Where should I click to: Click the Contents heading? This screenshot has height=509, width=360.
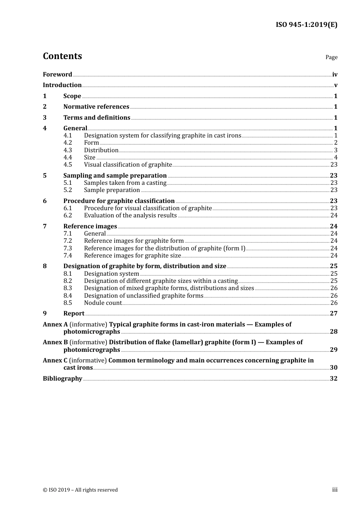[62, 56]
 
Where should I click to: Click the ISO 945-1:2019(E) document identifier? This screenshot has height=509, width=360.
[306, 25]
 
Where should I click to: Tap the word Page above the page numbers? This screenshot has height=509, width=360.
[331, 57]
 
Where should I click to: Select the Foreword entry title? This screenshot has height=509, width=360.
[57, 75]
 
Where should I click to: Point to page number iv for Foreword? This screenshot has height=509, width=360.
[335, 75]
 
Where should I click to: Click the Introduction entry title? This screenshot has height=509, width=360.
[62, 85]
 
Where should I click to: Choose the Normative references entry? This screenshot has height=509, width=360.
[96, 107]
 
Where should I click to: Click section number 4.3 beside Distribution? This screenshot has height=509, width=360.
[67, 150]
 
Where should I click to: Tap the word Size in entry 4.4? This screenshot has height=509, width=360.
[89, 158]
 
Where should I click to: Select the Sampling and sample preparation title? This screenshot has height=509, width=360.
[115, 175]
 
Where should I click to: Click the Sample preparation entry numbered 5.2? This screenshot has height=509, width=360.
[112, 190]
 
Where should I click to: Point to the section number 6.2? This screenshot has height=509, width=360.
[67, 215]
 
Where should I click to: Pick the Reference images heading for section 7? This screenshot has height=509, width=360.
[90, 226]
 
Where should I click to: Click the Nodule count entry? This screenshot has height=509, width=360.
[103, 303]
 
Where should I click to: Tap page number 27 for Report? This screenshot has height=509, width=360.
[333, 314]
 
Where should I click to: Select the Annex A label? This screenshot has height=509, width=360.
[55, 325]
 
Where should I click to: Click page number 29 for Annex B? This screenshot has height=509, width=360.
[333, 350]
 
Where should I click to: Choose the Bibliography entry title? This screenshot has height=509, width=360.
[63, 379]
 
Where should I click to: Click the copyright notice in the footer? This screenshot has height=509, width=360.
[80, 490]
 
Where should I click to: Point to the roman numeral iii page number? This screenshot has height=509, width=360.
[335, 490]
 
